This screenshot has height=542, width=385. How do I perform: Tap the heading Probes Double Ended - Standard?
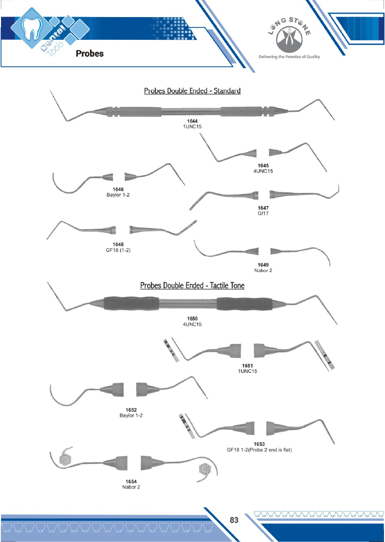192,91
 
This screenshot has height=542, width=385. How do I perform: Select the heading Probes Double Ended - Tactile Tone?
192,285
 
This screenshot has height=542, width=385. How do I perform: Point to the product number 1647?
263,207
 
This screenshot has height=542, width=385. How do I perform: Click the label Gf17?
263,213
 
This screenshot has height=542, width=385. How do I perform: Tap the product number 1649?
263,265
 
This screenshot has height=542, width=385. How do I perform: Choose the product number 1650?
192,319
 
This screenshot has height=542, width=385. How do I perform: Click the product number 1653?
259,444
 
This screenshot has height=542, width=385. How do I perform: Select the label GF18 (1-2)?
118,249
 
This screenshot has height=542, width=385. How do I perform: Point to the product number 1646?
118,189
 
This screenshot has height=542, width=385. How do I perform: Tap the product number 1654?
131,481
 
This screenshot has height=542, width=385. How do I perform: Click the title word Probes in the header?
89,53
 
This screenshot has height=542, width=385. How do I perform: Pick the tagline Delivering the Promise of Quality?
289,57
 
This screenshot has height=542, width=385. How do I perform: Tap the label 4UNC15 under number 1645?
263,171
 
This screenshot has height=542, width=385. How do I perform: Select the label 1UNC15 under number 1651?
248,371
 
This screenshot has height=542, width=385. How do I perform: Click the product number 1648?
118,244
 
